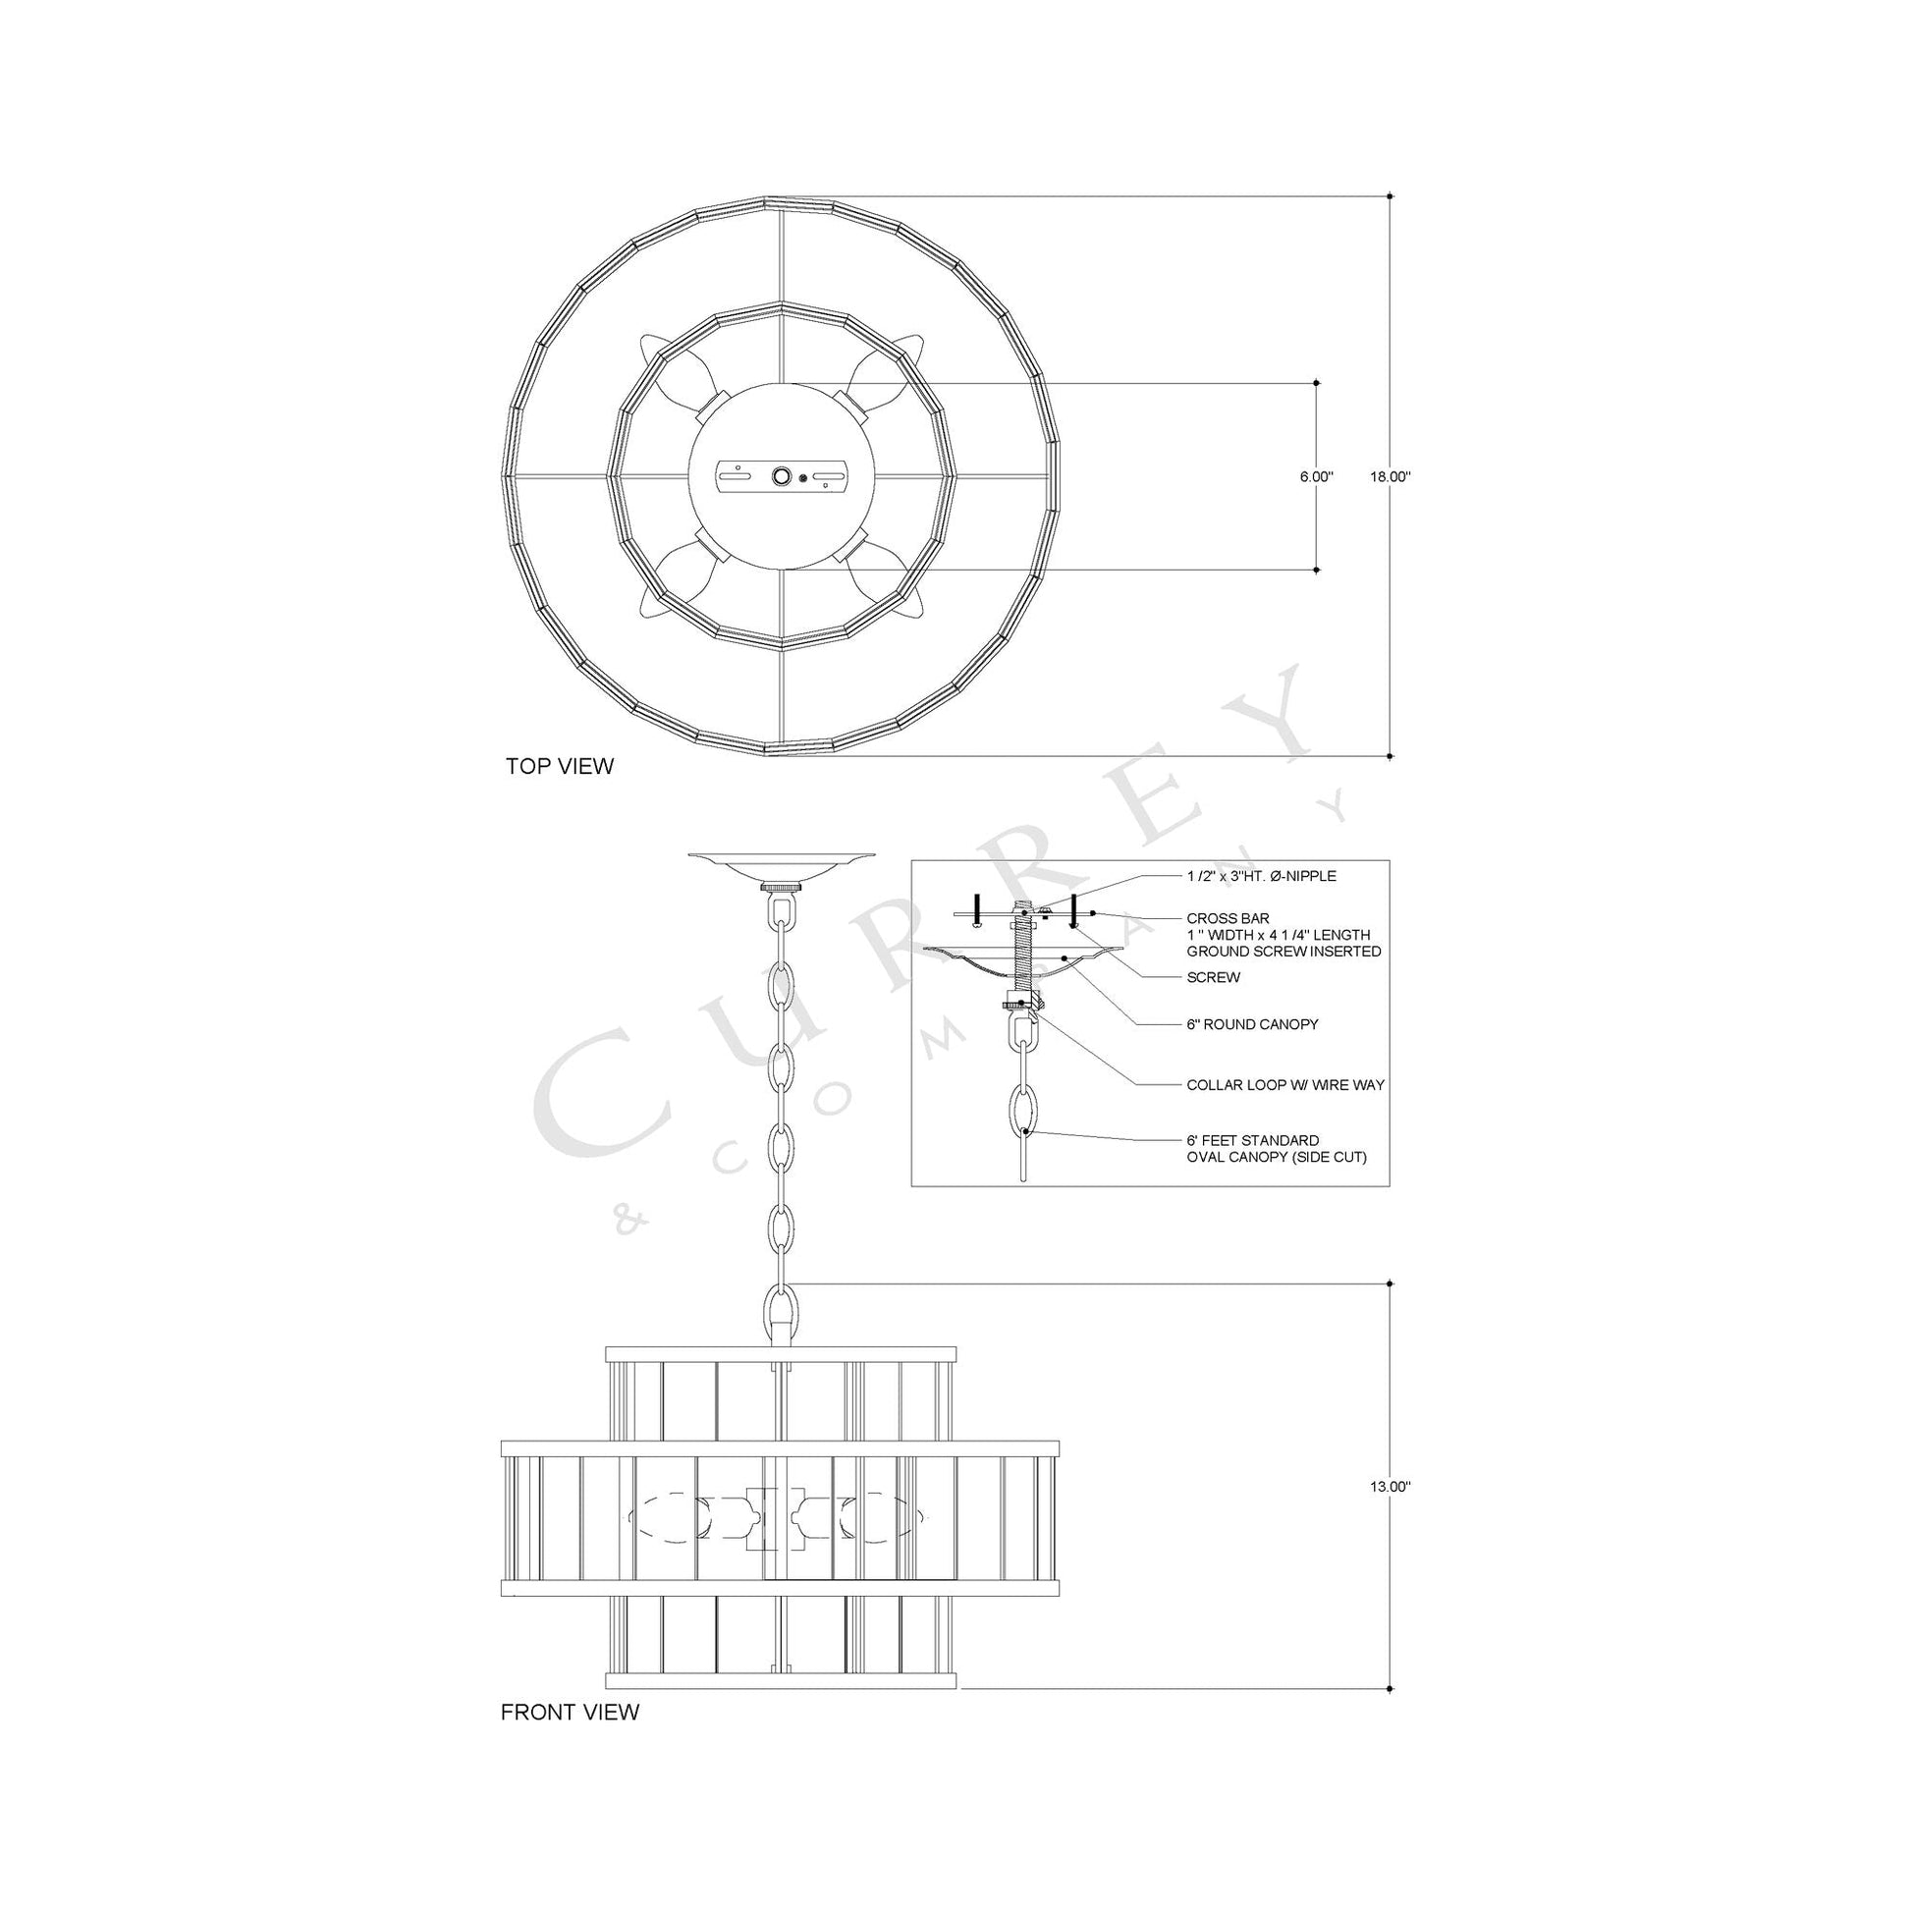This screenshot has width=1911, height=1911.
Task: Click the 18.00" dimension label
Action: point(1390,476)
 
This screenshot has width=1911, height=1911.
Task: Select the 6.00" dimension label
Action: point(1317,476)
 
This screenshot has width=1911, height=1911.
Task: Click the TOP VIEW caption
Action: point(560,766)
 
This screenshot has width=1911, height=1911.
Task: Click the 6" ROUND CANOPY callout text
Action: point(1252,1023)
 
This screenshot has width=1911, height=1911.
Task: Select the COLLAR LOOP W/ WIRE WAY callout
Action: point(1284,1085)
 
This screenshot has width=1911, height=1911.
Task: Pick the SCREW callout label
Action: point(1213,977)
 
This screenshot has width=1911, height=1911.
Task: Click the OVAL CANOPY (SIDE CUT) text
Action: point(1276,1156)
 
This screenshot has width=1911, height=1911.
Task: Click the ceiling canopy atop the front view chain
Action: point(782,863)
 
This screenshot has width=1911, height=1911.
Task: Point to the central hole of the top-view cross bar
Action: point(782,476)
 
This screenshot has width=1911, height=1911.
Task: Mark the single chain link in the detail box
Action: point(1021,1114)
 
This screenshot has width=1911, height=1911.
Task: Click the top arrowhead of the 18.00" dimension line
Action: point(1391,195)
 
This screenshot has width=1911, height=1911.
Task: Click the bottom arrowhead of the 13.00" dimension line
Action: point(1391,1688)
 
